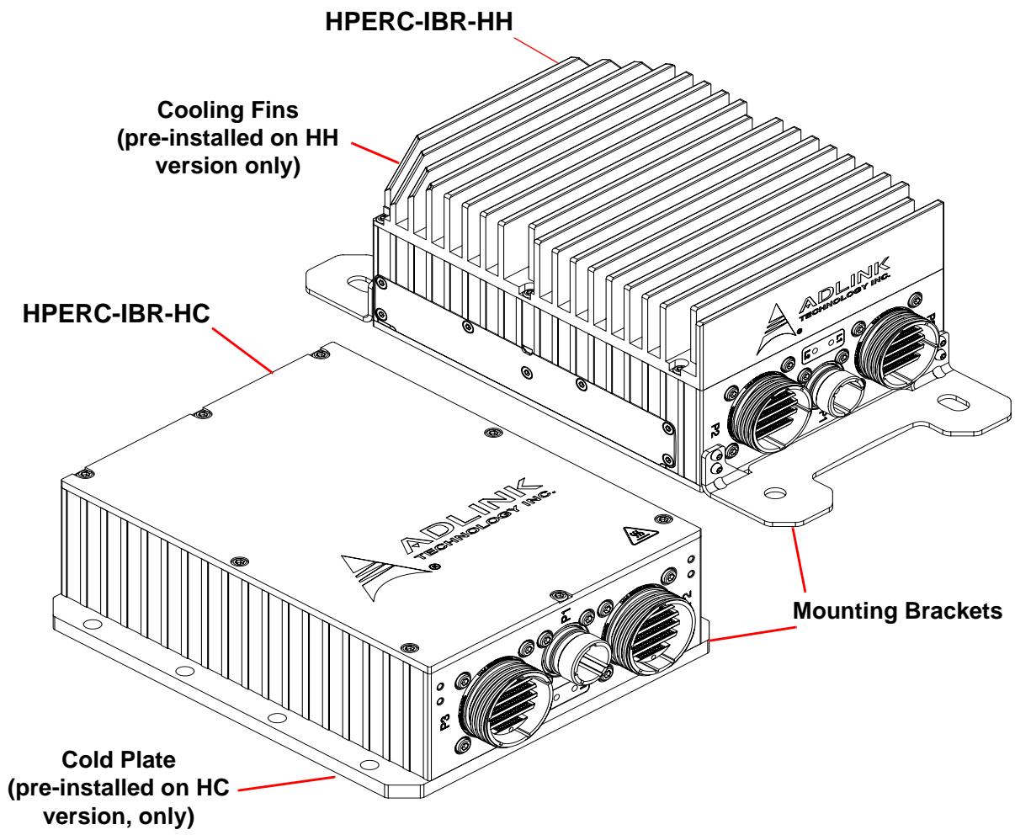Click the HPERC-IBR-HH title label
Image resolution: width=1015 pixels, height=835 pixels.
tap(418, 22)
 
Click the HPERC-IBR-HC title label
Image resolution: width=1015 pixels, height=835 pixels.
tap(116, 313)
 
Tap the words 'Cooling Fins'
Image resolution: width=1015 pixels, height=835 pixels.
tap(227, 109)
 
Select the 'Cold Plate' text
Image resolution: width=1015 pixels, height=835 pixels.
tap(119, 760)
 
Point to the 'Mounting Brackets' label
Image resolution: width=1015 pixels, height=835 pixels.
tap(897, 611)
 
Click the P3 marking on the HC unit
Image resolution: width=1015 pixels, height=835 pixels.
tap(444, 721)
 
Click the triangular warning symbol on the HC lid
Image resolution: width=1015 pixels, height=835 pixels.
tap(640, 535)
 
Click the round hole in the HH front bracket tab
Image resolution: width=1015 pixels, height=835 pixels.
tap(774, 493)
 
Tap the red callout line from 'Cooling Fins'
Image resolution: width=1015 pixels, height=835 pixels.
tap(375, 153)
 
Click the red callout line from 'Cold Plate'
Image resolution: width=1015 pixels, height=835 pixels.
tap(286, 783)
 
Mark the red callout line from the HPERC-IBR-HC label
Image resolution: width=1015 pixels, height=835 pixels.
tap(242, 350)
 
